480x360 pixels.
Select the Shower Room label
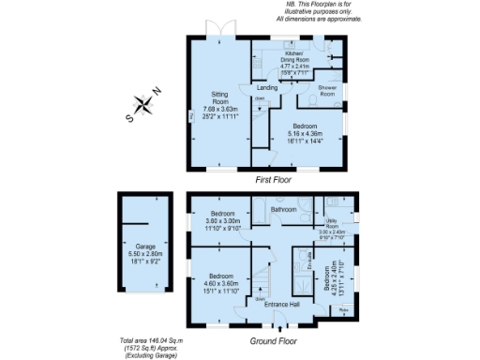(328, 91)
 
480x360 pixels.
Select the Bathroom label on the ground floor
(283, 211)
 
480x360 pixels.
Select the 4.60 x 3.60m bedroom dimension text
(221, 283)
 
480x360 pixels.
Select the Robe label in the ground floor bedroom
(343, 309)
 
